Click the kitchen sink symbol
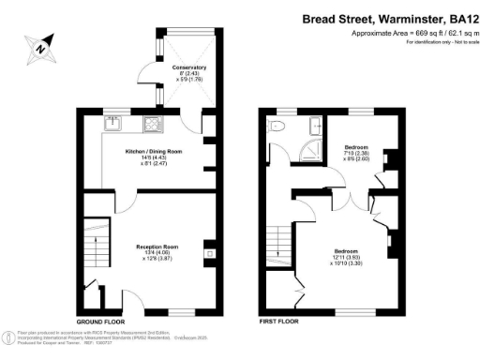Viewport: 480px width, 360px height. (x=112, y=122)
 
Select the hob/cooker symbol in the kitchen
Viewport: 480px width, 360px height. (x=153, y=122)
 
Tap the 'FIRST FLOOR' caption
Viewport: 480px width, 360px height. (x=277, y=321)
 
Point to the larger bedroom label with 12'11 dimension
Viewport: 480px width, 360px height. (x=349, y=257)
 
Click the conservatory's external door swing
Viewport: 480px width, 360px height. (x=145, y=75)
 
